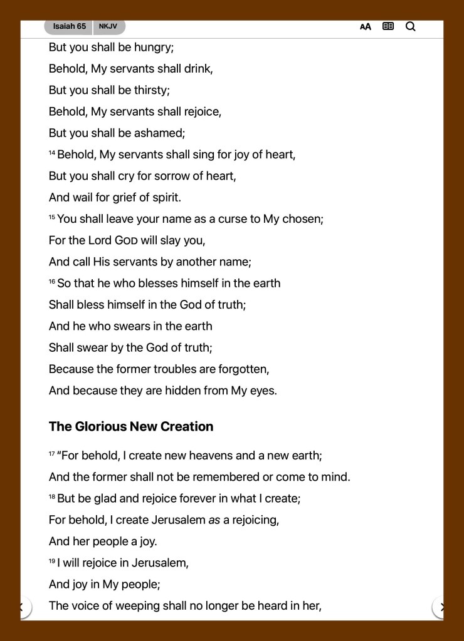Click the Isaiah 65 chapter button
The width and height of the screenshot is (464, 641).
[x=69, y=26]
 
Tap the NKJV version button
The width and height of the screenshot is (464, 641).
[x=108, y=26]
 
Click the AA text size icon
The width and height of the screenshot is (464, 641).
[x=366, y=26]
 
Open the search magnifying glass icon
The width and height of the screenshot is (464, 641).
[x=411, y=26]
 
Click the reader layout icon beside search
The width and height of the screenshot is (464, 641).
[x=388, y=26]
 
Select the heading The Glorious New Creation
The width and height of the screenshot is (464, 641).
[x=131, y=426]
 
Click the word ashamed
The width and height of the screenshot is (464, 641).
[x=159, y=133]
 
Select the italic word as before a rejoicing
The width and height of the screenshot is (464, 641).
[x=214, y=520]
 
